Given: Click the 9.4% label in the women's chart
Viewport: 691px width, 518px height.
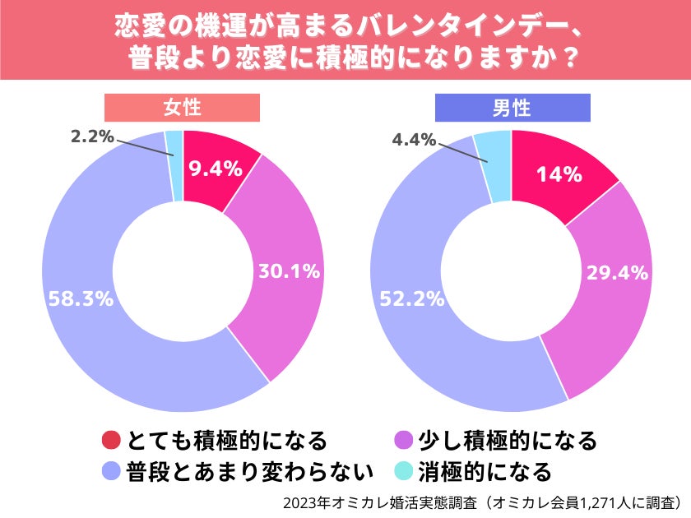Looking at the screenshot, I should (x=215, y=169).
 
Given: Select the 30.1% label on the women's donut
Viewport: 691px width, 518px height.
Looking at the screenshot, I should (x=289, y=271).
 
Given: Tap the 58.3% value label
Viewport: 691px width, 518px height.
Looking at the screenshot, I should (x=80, y=299).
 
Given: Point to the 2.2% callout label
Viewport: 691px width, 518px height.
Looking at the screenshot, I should (x=91, y=137).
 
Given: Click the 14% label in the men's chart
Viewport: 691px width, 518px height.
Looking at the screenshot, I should (x=559, y=174).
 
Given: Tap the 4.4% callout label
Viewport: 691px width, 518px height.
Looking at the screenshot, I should (x=414, y=140).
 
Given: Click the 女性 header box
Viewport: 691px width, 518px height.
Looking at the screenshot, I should (x=182, y=109).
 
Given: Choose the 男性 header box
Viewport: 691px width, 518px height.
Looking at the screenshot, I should (x=511, y=109).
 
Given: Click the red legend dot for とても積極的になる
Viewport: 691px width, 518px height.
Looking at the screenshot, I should (x=112, y=441).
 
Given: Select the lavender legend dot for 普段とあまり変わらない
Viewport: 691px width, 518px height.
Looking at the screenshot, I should (x=112, y=471).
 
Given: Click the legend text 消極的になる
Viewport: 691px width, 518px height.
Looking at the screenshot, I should (x=485, y=471).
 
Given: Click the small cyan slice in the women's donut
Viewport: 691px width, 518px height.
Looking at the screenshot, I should (x=174, y=155).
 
